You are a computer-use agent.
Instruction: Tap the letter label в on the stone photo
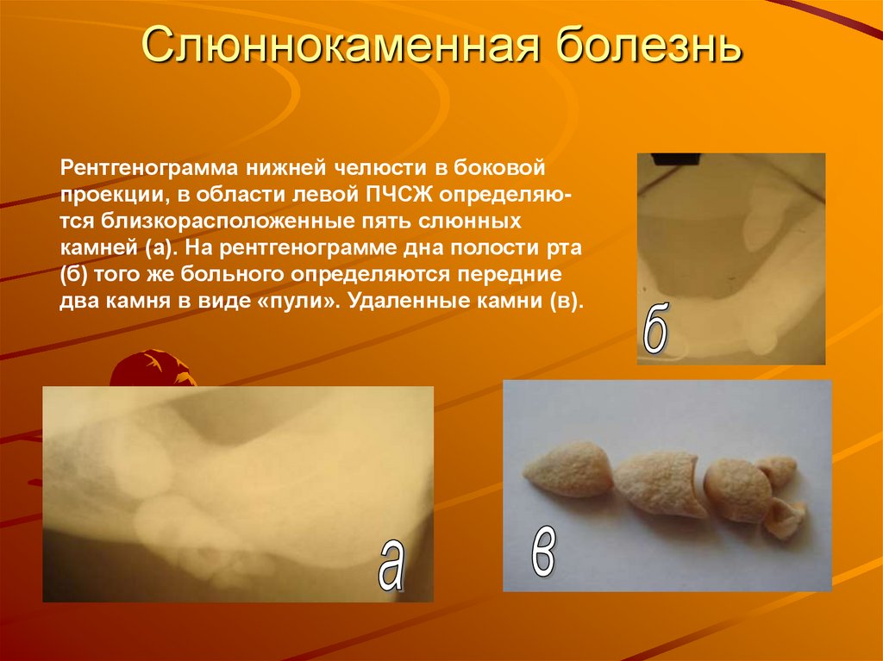click(x=542, y=552)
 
